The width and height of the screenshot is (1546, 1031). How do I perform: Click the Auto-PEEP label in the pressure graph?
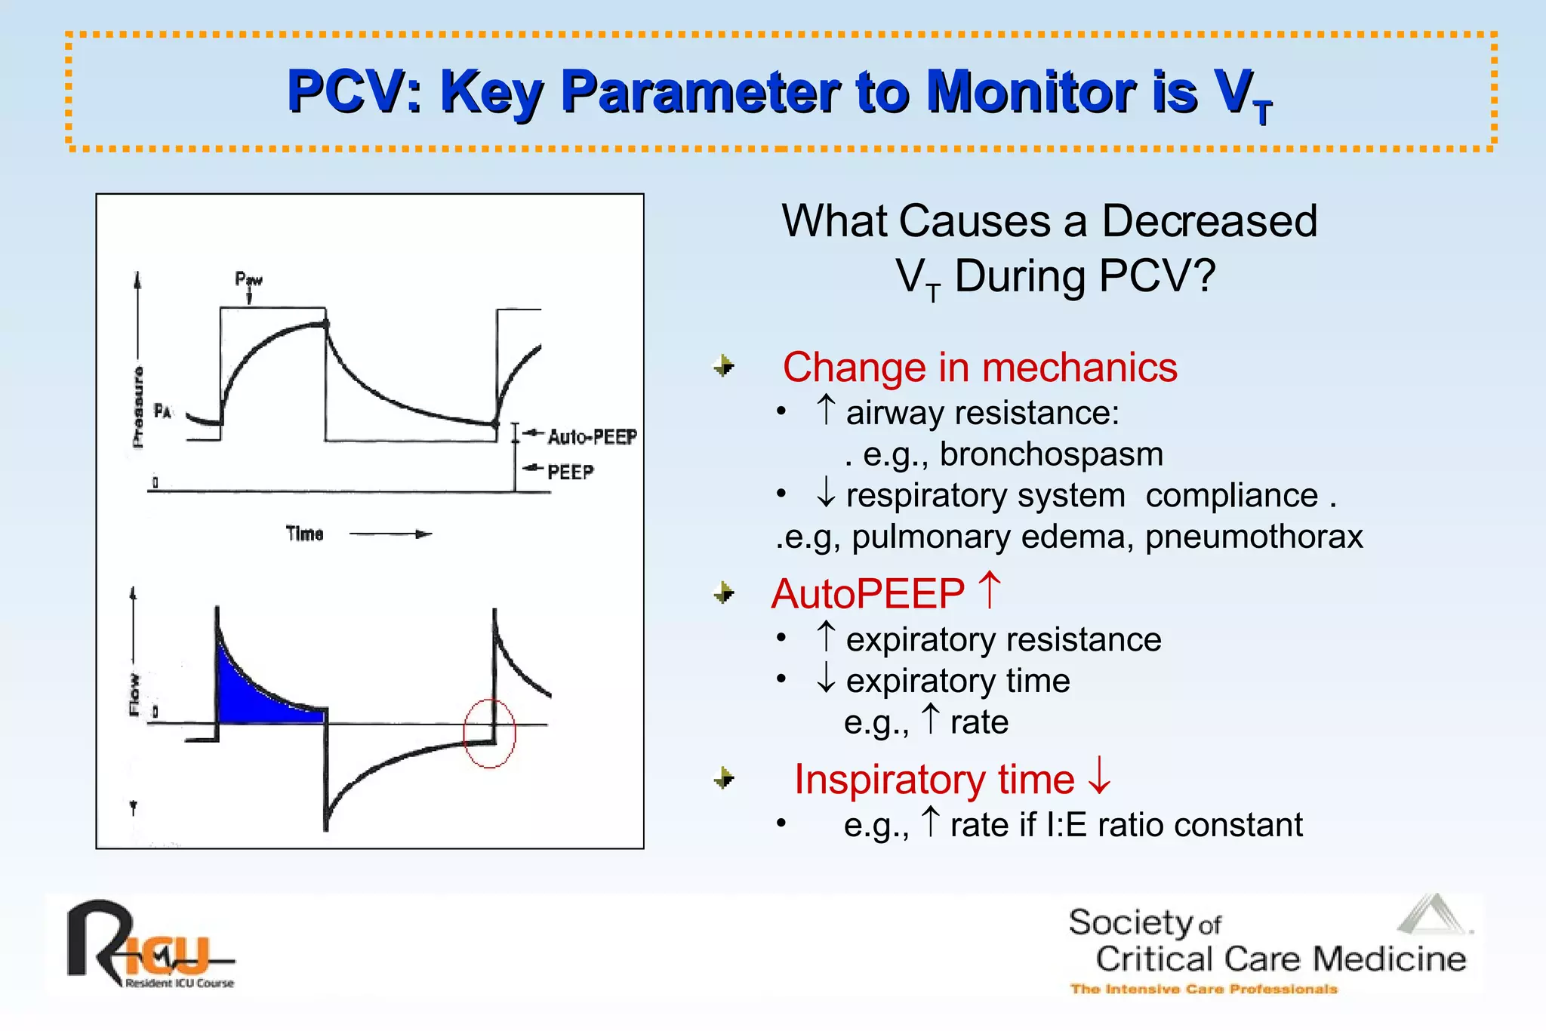point(592,436)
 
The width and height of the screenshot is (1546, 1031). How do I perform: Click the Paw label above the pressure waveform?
point(248,279)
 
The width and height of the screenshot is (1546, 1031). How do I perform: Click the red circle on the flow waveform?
point(489,733)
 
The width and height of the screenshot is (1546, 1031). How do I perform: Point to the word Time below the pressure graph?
point(304,534)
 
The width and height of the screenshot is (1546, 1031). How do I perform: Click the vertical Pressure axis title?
point(138,408)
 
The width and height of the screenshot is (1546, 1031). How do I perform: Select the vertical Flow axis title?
point(134,694)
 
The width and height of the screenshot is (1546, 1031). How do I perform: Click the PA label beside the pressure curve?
point(162,411)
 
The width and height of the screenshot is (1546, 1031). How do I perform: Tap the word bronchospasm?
point(1051,454)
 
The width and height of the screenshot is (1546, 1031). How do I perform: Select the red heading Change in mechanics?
point(979,368)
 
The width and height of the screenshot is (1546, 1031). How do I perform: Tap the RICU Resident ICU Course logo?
point(151,945)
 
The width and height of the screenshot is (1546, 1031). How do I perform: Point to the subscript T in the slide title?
point(1263,113)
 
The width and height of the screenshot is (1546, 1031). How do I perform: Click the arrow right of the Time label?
point(390,534)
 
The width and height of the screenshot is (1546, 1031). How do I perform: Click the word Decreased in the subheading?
point(1209,221)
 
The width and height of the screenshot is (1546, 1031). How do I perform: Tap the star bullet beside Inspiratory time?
point(723,777)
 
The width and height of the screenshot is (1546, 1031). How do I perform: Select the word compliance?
point(1231,496)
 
